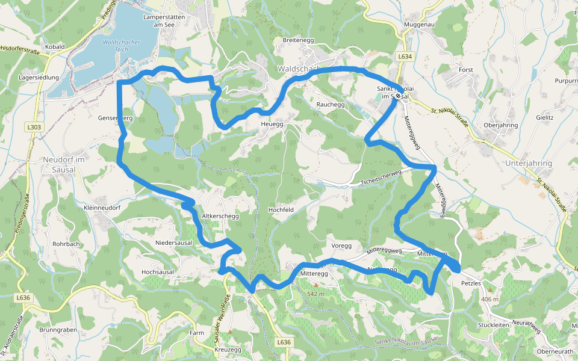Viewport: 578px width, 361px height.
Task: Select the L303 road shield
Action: tap(34, 127)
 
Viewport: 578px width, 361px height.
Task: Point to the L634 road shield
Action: tap(405, 57)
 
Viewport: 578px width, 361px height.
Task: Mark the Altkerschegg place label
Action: tap(221, 215)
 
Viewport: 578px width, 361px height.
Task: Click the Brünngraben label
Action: tap(58, 330)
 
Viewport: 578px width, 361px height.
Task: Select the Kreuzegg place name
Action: tap(228, 350)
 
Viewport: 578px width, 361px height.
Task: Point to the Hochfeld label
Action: tap(281, 209)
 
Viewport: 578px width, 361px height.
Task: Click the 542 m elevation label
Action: tap(315, 294)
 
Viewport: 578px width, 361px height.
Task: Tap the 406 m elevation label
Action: tap(490, 299)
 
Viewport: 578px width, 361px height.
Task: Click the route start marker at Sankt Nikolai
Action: tap(399, 96)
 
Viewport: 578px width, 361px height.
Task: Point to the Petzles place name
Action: tap(471, 282)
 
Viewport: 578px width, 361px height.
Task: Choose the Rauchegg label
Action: tap(330, 105)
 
